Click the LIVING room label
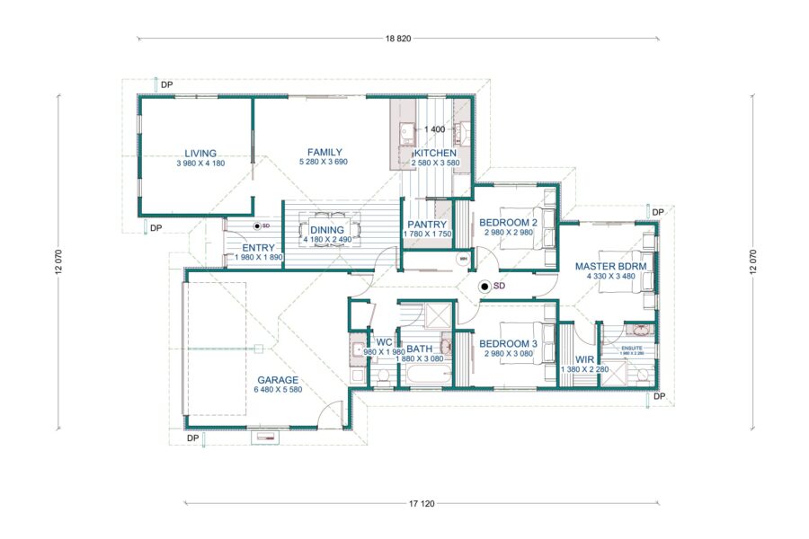(x=200, y=154)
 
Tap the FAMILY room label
(x=324, y=152)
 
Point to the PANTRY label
(x=428, y=225)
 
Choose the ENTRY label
(x=259, y=248)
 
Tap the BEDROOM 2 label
(x=508, y=222)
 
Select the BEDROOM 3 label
(x=508, y=344)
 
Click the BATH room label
(x=421, y=349)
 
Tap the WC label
(x=384, y=342)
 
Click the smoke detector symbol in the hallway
(x=485, y=287)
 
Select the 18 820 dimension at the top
(x=398, y=39)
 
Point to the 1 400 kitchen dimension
(x=435, y=130)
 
